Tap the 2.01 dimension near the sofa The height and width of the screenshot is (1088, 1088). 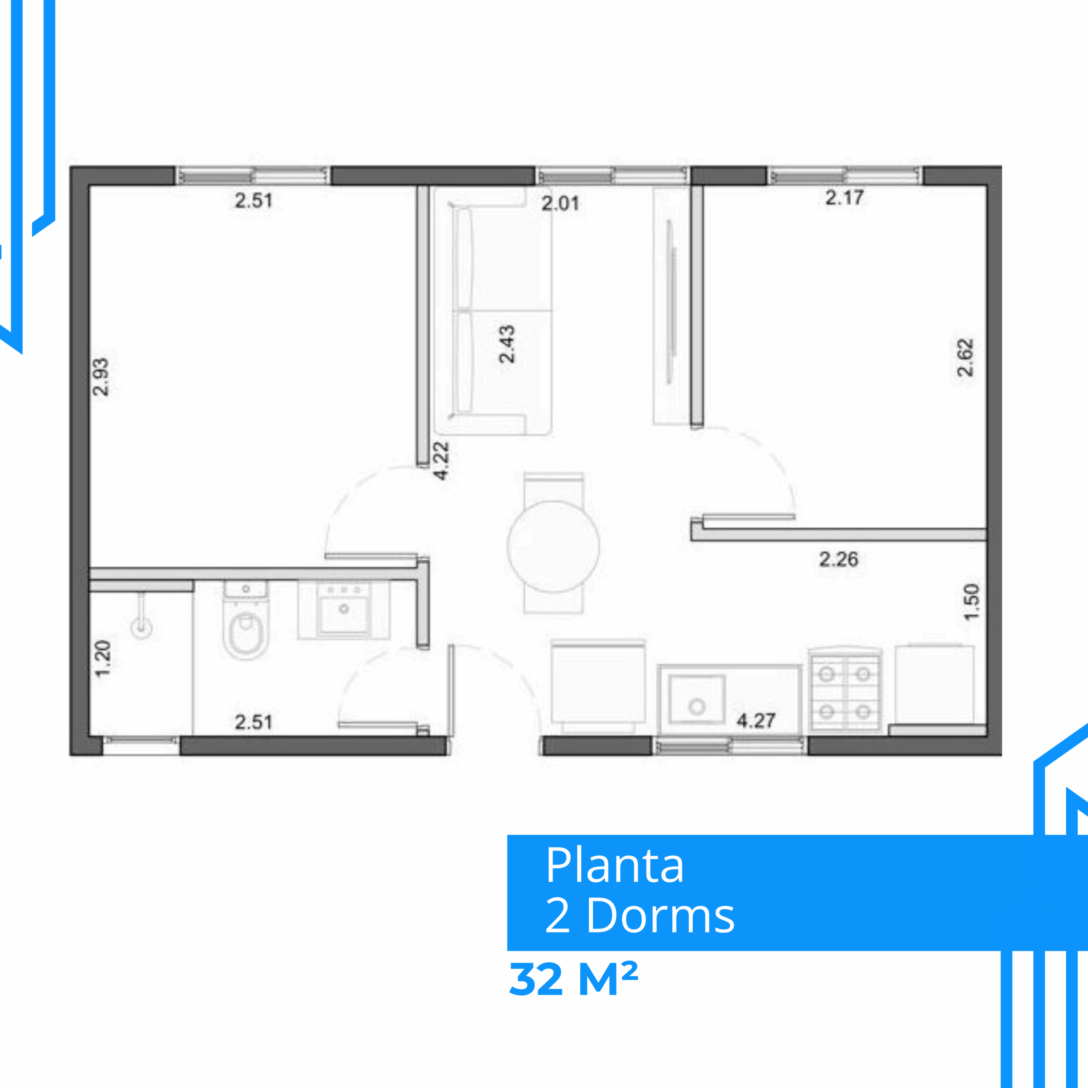click(560, 203)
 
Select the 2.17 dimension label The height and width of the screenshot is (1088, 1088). click(844, 198)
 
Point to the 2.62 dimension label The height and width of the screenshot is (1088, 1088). click(965, 357)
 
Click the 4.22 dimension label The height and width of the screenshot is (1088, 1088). click(441, 461)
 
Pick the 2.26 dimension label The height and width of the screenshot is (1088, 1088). click(839, 559)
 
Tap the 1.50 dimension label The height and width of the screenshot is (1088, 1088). click(972, 601)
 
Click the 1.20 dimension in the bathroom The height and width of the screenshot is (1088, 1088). click(102, 658)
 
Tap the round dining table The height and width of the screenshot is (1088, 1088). click(553, 546)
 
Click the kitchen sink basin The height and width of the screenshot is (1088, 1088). click(697, 700)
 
